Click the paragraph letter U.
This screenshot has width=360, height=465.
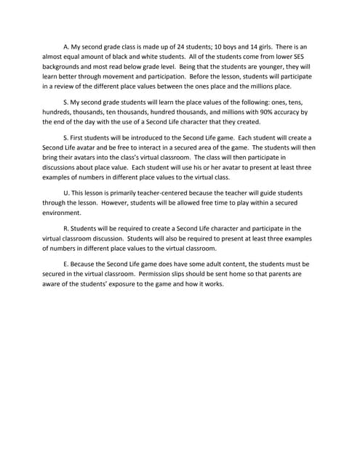coord(66,193)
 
